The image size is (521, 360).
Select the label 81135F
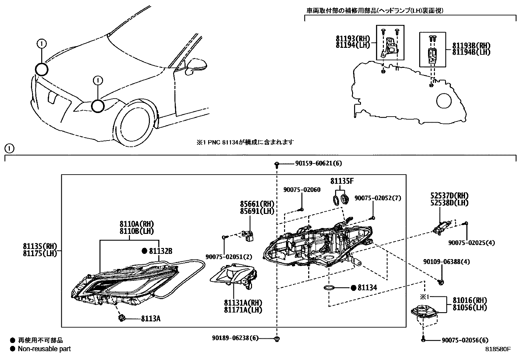[342, 181]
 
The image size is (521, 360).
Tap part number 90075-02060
[302, 190]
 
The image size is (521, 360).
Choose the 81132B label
[160, 251]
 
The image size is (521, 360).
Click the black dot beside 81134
[353, 288]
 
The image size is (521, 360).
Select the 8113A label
[151, 318]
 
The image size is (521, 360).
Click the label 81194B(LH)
[471, 52]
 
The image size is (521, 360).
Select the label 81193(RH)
[352, 39]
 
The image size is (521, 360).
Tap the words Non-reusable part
[44, 349]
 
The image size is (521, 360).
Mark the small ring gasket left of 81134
[329, 288]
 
